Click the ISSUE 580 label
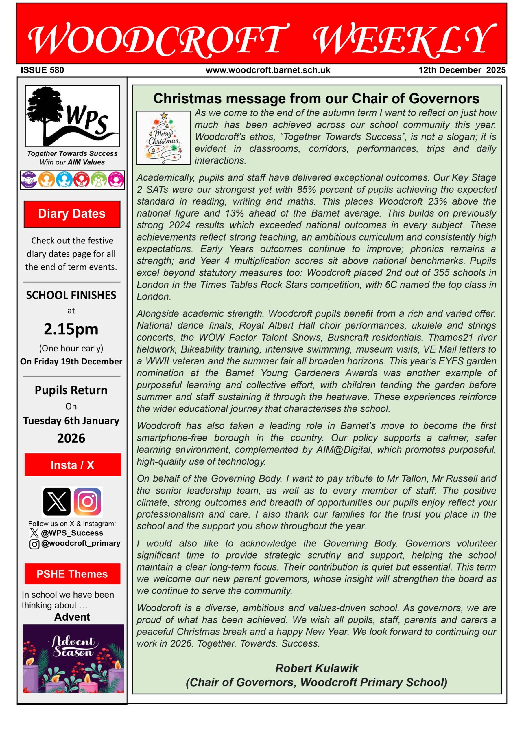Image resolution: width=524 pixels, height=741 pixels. (42, 70)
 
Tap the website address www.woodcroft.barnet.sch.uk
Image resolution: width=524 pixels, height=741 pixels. (268, 70)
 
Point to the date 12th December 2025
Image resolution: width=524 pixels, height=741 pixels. (462, 70)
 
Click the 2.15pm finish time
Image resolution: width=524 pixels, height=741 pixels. (71, 329)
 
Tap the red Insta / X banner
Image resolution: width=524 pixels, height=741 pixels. (73, 465)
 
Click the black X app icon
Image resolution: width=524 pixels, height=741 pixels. (57, 501)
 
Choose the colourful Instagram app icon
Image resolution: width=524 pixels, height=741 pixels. (87, 501)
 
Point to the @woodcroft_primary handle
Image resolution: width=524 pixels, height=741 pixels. (81, 543)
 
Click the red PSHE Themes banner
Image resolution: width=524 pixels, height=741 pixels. (72, 574)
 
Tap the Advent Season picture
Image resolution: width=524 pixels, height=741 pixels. (73, 659)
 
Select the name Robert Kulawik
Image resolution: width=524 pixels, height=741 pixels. (317, 668)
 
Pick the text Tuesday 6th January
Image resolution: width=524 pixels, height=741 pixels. (71, 421)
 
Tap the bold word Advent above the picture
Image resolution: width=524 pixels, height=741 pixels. (72, 617)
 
